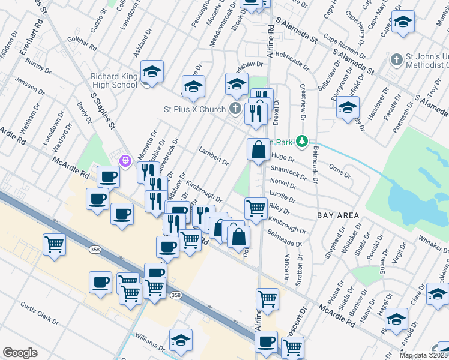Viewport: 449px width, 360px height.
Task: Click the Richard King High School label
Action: [114, 80]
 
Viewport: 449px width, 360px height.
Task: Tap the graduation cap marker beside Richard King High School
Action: [152, 72]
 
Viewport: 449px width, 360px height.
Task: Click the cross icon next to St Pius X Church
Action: [235, 109]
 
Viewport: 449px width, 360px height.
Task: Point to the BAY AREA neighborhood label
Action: [338, 215]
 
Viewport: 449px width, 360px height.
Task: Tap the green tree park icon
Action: [304, 142]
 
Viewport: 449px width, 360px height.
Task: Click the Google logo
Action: [20, 353]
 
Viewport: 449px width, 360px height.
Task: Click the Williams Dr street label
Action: [150, 344]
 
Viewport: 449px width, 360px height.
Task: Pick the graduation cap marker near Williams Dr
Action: [181, 340]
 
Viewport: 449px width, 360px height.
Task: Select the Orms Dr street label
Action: [339, 173]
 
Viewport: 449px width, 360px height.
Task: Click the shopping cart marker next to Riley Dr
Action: [256, 208]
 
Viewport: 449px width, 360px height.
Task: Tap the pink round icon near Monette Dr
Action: [125, 161]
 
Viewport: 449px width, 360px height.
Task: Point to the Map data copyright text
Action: [424, 355]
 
